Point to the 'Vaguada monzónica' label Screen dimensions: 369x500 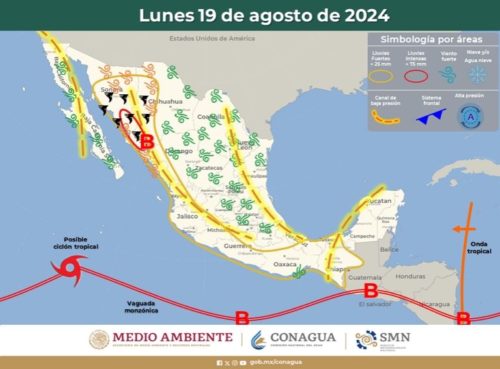coord(142,307)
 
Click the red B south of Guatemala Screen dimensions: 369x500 coord(370,289)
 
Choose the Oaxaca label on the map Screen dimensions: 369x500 coord(285,265)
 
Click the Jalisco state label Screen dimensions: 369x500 coord(186,216)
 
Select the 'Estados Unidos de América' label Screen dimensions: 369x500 coord(212,38)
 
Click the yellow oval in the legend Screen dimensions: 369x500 coord(382,75)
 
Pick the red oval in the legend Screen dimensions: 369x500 coord(416,75)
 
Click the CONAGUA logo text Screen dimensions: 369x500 coord(303,337)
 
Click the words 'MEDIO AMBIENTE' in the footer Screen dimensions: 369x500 coord(172,337)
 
